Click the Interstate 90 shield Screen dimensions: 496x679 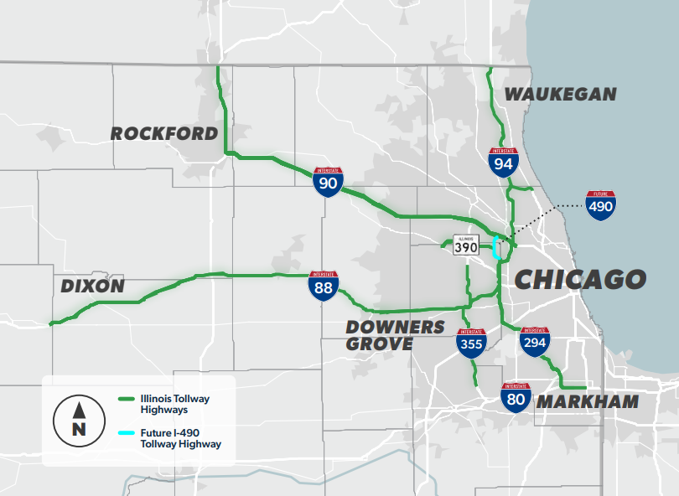click(328, 182)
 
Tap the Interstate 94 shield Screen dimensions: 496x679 click(503, 162)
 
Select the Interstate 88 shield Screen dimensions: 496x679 click(324, 286)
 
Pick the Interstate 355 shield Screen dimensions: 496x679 click(471, 343)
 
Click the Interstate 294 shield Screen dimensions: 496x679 click(535, 342)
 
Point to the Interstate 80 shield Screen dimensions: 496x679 click(516, 397)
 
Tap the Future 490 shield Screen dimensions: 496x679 click(601, 205)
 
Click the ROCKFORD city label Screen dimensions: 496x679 click(164, 134)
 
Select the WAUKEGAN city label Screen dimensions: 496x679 click(560, 95)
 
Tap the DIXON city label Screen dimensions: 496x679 click(92, 287)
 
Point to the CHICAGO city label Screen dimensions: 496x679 click(580, 279)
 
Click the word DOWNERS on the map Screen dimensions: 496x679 click(395, 327)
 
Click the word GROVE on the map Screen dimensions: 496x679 click(379, 344)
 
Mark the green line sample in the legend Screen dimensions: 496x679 click(128, 399)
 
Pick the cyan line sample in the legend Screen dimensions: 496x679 click(128, 433)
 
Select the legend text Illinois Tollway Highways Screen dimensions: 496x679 click(176, 405)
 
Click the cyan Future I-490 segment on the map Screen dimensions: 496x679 click(495, 249)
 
